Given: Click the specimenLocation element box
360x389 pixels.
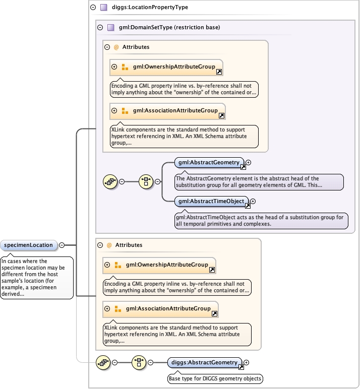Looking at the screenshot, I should [x=28, y=245].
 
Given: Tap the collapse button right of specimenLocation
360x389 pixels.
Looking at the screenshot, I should [x=62, y=245].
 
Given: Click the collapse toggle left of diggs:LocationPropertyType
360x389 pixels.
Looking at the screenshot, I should [x=92, y=8].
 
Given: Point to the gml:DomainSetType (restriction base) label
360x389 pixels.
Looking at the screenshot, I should [x=169, y=28].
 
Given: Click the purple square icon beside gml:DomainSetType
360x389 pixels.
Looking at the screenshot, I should [x=111, y=28].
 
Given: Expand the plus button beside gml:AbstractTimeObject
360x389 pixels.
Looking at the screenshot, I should [x=253, y=202].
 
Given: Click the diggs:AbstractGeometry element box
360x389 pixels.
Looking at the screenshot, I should [x=204, y=362].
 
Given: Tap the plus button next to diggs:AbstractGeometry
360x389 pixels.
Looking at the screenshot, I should [x=247, y=362].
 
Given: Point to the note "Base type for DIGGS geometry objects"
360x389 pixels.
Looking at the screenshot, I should [x=215, y=378].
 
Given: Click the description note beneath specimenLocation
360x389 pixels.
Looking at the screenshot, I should [x=36, y=277].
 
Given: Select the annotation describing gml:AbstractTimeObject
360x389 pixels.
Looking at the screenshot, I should [x=260, y=220].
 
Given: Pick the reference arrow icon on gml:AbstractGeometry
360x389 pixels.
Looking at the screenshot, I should [x=243, y=167].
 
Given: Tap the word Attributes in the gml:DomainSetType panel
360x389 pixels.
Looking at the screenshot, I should [x=136, y=47].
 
